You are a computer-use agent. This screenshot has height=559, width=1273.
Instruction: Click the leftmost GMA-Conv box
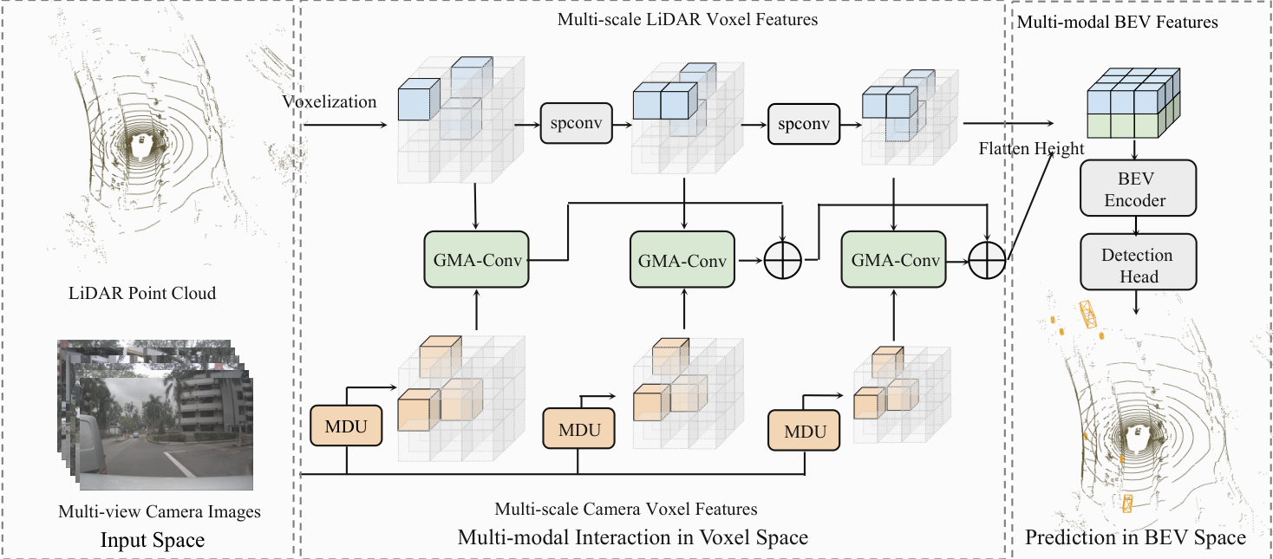(476, 259)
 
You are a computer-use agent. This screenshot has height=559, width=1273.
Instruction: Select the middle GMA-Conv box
(682, 259)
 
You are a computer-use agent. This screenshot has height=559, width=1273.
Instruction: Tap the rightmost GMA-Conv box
(893, 259)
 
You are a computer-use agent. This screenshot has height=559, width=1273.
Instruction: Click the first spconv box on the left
(577, 123)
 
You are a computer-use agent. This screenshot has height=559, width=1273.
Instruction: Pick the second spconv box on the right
(804, 124)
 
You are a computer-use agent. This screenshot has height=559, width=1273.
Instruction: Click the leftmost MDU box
(346, 426)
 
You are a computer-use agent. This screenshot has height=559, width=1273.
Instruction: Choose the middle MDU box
(578, 429)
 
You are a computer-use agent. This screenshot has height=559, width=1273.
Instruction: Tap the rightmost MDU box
(804, 431)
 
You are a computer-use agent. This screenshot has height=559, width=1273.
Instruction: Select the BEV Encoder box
(1138, 188)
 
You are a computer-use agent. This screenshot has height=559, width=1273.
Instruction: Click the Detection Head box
(1139, 262)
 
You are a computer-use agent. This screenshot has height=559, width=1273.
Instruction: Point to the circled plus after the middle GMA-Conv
(782, 260)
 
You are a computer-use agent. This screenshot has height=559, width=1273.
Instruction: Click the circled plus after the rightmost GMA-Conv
(987, 260)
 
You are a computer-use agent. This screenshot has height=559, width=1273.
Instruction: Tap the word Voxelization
(330, 101)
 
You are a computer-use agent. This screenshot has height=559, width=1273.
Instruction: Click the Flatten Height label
(1031, 149)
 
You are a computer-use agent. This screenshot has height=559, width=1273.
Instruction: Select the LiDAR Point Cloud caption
(142, 293)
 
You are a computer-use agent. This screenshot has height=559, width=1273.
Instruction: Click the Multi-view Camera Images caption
(160, 511)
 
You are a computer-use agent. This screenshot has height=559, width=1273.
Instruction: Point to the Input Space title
(153, 540)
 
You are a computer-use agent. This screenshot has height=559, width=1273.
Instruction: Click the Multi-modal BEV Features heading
(1117, 23)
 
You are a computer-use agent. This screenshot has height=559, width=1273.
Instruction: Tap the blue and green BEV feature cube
(1133, 103)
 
